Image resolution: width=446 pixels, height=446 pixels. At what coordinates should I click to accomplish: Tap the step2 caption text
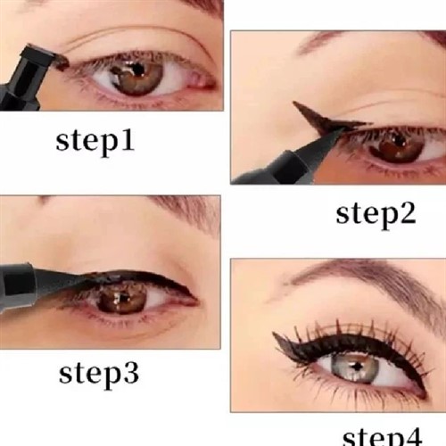click(x=376, y=214)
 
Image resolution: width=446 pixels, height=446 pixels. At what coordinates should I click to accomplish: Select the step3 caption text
click(x=98, y=372)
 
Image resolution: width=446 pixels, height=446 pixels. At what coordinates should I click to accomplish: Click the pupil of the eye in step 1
click(x=137, y=72)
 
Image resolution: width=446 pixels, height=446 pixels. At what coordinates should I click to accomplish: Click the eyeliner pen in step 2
click(x=285, y=161)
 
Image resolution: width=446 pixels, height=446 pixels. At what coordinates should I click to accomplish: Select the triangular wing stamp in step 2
click(x=312, y=114)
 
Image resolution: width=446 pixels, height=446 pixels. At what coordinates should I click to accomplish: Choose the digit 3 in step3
click(x=128, y=372)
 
